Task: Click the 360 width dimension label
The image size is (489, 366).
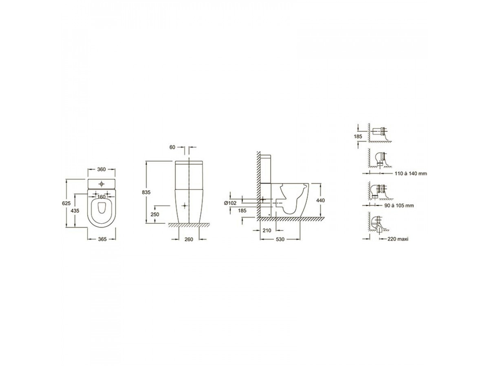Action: click(x=101, y=169)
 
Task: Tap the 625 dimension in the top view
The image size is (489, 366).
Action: click(x=66, y=203)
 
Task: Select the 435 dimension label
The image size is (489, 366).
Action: click(x=75, y=210)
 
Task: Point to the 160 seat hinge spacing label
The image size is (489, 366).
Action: click(x=101, y=197)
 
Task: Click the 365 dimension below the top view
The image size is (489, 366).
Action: click(x=102, y=239)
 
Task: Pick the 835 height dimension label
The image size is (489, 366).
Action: click(x=146, y=192)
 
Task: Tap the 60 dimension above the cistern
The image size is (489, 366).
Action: click(x=172, y=147)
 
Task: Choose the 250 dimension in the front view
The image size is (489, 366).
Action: click(x=155, y=214)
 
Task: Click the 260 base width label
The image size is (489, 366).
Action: click(x=189, y=240)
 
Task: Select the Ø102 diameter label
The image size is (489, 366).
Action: click(x=230, y=203)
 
